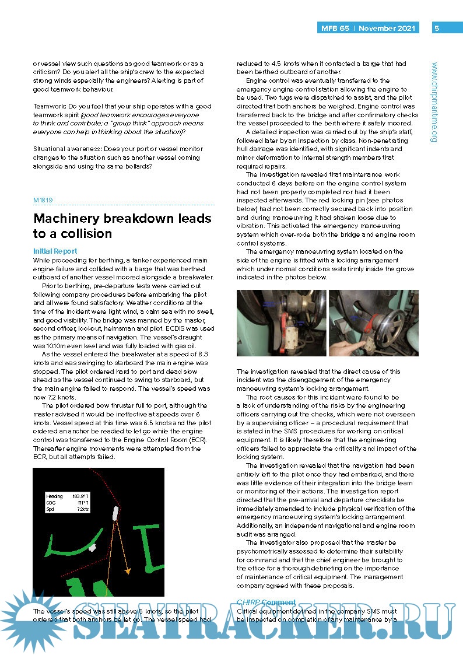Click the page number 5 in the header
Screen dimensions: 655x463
tap(437, 28)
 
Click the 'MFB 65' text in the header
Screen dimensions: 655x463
tap(335, 28)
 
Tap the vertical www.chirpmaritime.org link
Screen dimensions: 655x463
tap(434, 102)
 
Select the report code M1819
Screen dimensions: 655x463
tap(43, 199)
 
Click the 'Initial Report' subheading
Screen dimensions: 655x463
tap(55, 251)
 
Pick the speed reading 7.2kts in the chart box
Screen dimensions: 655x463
tap(82, 509)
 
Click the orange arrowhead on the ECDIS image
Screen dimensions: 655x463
tap(127, 571)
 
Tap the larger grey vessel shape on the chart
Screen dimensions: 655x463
tap(115, 513)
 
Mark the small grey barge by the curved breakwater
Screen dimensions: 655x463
tap(92, 548)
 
